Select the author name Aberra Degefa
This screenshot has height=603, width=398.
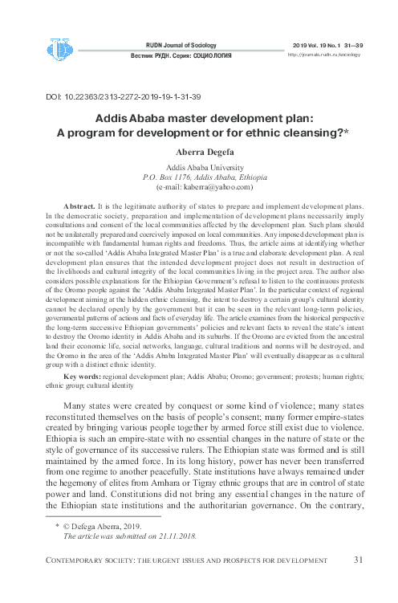tap(199, 151)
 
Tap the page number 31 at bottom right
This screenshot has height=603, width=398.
tap(359, 581)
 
